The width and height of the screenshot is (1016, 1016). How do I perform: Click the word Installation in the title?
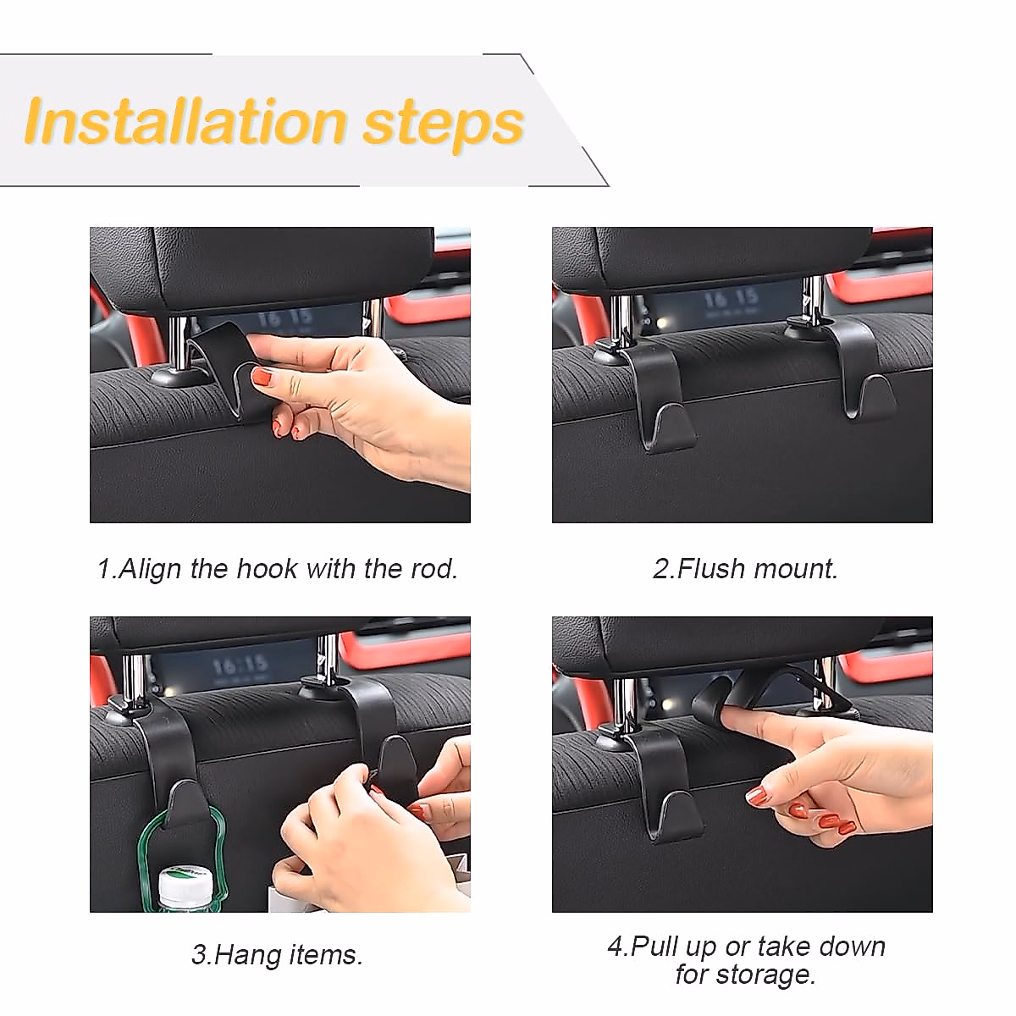point(185,121)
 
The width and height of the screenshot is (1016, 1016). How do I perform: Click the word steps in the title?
point(443,123)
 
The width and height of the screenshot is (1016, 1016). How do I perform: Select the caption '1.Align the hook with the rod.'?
point(277,568)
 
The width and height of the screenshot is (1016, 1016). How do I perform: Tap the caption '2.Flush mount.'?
point(745,568)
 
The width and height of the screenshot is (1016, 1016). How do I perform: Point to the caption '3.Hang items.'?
point(277,954)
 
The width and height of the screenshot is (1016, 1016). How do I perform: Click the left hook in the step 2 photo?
point(660,406)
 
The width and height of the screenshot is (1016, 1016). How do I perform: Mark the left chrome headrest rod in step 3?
point(135,677)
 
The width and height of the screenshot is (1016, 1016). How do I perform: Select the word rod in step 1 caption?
point(433,568)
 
